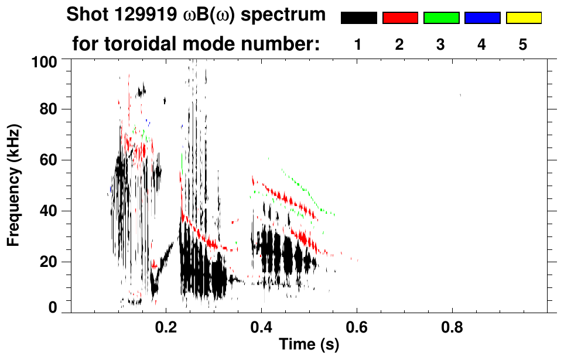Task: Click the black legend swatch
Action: (358, 18)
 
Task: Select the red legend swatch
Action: (400, 18)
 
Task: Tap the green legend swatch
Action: (441, 18)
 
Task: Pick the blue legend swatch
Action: (482, 18)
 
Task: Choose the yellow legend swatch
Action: (524, 18)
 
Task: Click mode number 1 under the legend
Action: (358, 44)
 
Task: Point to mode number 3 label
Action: (441, 44)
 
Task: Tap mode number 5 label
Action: (524, 44)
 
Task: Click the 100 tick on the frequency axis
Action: (52, 61)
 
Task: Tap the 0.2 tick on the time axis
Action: (166, 325)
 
